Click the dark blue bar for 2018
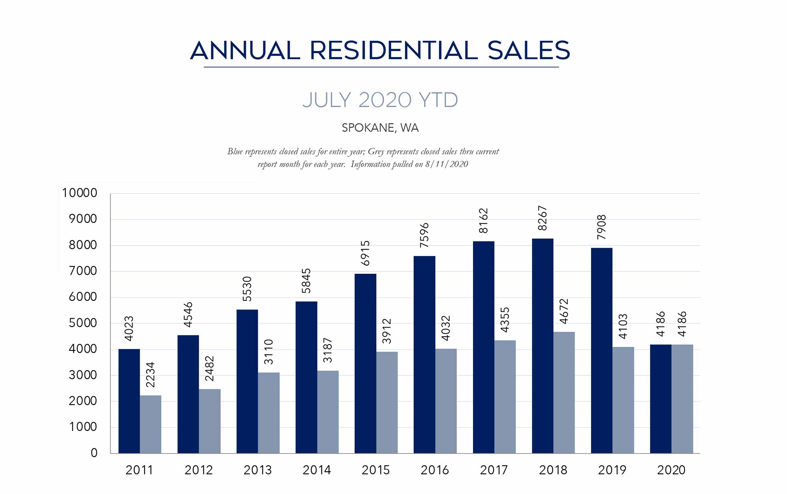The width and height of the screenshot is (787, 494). pos(542,346)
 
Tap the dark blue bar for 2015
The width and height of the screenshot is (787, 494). pos(365,363)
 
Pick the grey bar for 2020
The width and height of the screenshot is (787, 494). pos(682,399)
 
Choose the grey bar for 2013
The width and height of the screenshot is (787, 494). pos(269,413)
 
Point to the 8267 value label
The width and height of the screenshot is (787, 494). pos(542,218)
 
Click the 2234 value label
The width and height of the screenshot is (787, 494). pos(150,375)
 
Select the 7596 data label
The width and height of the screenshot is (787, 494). pos(424,235)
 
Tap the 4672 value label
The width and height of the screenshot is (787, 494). pos(564,312)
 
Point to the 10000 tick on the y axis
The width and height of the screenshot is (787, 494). pos(79,193)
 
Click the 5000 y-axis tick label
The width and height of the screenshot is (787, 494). pos(83,323)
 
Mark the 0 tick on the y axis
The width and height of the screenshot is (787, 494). pos(94,453)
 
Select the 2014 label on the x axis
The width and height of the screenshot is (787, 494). pos(317,470)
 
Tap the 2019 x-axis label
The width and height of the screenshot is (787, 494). pos(612,470)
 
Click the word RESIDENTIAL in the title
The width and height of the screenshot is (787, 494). pos(393,51)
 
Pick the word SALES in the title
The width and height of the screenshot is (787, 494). pos(528,51)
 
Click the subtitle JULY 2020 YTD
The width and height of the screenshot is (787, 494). pos(380,100)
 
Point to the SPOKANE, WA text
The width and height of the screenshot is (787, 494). pos(380,128)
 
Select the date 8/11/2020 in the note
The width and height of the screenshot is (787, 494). pos(447,164)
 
